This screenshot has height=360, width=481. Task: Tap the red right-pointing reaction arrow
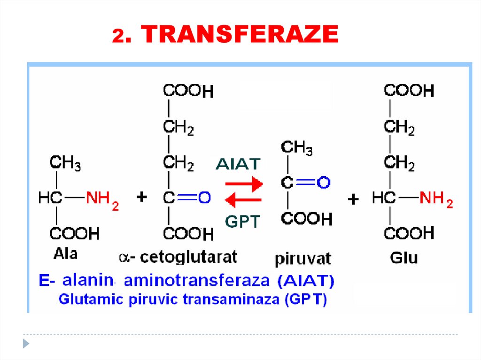[243, 184]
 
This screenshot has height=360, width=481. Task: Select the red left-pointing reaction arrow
[243, 200]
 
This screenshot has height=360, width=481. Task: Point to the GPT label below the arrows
[242, 221]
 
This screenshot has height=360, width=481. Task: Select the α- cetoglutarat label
[178, 257]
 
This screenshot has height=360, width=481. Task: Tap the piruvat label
[303, 258]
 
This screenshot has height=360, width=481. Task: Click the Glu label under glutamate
[403, 257]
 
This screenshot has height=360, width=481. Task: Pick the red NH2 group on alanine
[102, 199]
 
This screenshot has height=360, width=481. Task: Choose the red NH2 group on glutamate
[436, 199]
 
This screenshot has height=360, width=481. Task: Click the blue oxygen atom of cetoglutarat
[204, 198]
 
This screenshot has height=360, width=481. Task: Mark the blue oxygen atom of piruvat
[324, 183]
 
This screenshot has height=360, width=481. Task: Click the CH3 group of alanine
[65, 164]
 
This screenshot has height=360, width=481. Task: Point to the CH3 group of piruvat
[297, 148]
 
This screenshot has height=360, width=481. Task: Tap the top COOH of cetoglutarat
[188, 91]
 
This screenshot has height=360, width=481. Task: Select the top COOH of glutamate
[409, 91]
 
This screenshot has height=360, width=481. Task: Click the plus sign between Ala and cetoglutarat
[141, 198]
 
